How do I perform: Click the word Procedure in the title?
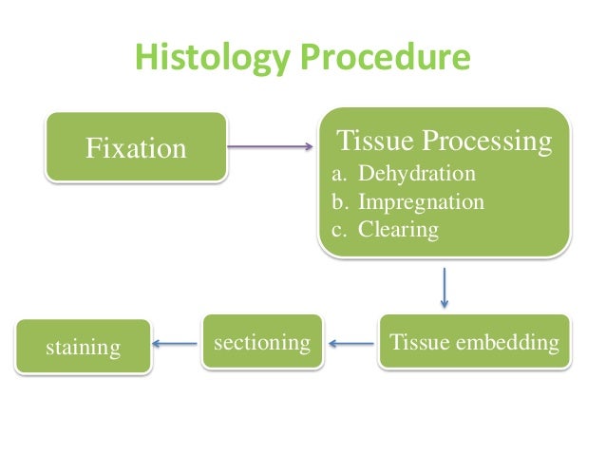[385, 58]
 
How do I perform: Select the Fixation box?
[137, 148]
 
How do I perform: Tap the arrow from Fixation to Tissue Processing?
[270, 146]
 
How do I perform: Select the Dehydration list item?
[416, 175]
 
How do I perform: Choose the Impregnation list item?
[421, 202]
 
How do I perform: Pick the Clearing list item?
[398, 230]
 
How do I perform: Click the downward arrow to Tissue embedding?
[444, 286]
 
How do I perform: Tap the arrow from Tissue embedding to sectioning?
[350, 344]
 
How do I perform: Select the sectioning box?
[261, 342]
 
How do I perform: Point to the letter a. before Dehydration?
[337, 175]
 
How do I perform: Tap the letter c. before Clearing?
[337, 230]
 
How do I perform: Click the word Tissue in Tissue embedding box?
[422, 342]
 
